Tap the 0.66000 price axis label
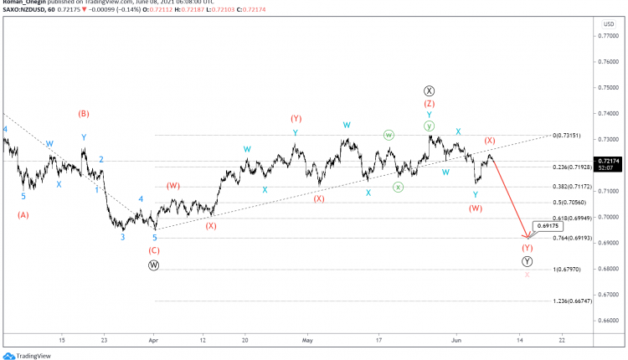pos(609,320)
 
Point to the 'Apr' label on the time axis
pos(152,341)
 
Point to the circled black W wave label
pos(154,265)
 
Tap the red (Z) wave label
pos(429,104)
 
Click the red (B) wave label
pos(84,113)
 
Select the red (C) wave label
pos(154,250)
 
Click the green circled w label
pos(389,135)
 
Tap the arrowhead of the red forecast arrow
pos(526,237)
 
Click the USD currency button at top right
pos(609,24)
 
